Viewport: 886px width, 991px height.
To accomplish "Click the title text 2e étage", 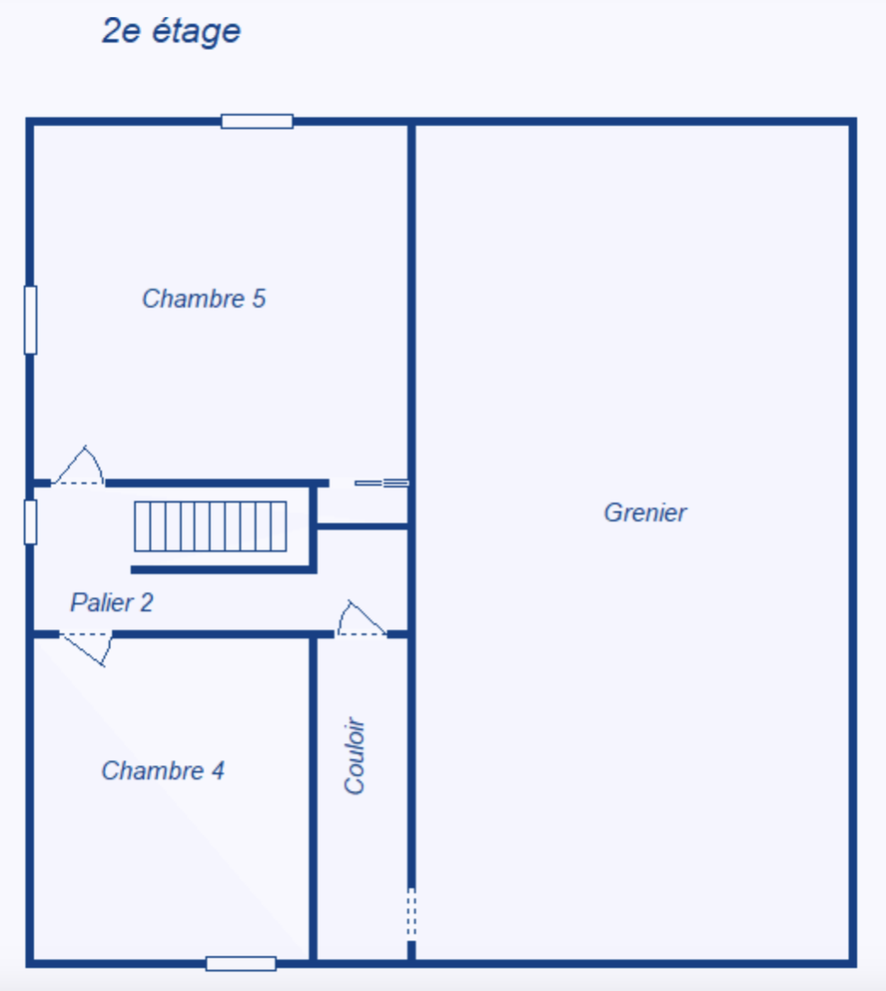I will click(x=171, y=31).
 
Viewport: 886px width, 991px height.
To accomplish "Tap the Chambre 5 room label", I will click(x=204, y=299).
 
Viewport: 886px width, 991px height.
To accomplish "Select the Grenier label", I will click(x=645, y=513).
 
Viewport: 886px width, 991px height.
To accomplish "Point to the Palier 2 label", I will click(x=111, y=602).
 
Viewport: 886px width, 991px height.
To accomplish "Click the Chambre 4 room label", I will click(x=163, y=771).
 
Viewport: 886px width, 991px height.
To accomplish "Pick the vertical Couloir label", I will click(x=355, y=756).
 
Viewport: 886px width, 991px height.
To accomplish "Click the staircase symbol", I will click(x=211, y=526).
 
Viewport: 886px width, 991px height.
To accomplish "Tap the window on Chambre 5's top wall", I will click(x=257, y=122).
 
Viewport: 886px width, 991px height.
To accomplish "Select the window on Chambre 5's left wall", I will click(x=30, y=320).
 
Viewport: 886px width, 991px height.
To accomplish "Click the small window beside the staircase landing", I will click(x=30, y=521).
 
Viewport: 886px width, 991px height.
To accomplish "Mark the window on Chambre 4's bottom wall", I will click(x=241, y=963).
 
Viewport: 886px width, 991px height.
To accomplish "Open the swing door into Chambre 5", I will click(x=79, y=469).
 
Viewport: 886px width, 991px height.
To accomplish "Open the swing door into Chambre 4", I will click(x=86, y=647).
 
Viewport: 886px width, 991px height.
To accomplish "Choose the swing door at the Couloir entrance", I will click(x=361, y=621).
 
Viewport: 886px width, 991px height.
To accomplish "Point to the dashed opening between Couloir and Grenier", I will click(x=412, y=914).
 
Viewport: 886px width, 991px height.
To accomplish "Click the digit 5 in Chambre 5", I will click(x=259, y=299).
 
